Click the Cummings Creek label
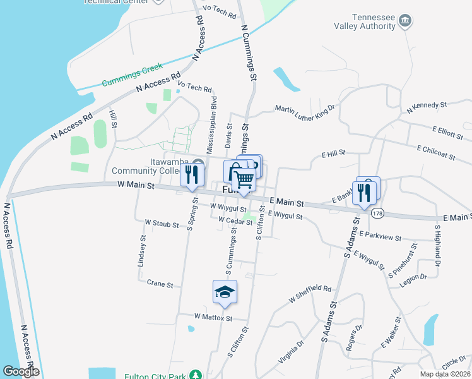pos(133,75)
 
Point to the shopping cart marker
pos(244,180)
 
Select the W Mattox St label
pos(213,316)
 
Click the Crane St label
pos(160,284)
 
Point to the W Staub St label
pos(162,223)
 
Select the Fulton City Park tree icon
pos(196,375)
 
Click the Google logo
pos(20,371)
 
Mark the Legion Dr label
pos(414,276)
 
